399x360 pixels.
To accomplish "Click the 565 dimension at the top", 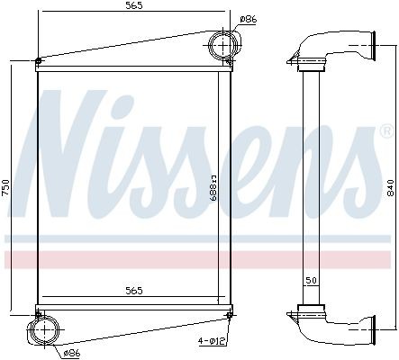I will point(132,7).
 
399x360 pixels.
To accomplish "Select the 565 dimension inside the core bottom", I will point(132,291).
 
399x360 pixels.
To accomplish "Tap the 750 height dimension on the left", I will point(7,186).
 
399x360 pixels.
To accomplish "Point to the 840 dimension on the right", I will point(389,186).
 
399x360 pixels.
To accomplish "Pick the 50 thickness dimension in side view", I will point(310,282).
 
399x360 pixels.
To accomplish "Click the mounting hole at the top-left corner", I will point(38,62).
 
